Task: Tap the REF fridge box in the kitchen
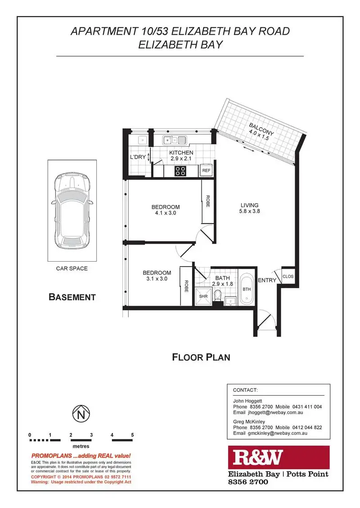point(206,171)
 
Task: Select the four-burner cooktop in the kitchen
point(181,171)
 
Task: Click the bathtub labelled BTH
point(247,290)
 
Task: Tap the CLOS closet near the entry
point(288,276)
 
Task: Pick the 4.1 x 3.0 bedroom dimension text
point(166,214)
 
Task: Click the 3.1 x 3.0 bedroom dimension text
point(157,279)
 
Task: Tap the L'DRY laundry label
point(137,157)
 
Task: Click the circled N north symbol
point(81,414)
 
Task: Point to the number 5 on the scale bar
point(132,435)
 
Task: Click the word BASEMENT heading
point(72,297)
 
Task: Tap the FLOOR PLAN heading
point(202,357)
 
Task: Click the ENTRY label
point(267,281)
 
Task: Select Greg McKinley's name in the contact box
point(249,421)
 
